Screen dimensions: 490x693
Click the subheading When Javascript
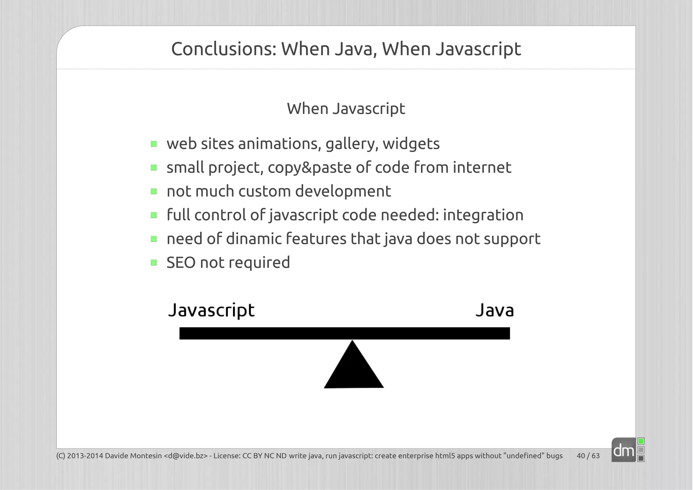(x=346, y=109)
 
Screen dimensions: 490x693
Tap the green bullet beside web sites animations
(x=154, y=144)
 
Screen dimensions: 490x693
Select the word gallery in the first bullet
(x=352, y=144)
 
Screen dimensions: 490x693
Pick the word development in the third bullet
(x=343, y=192)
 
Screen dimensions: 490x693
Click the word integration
(x=483, y=215)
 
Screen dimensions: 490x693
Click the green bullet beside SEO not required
(x=154, y=263)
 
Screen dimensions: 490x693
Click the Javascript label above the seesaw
(x=211, y=310)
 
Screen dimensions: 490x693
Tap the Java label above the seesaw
(x=494, y=310)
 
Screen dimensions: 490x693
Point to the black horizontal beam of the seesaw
(x=344, y=333)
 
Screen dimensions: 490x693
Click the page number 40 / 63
(x=588, y=456)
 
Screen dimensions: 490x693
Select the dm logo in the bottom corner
(x=623, y=450)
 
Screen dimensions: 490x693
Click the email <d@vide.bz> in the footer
(x=185, y=456)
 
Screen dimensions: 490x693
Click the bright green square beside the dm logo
(x=641, y=441)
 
